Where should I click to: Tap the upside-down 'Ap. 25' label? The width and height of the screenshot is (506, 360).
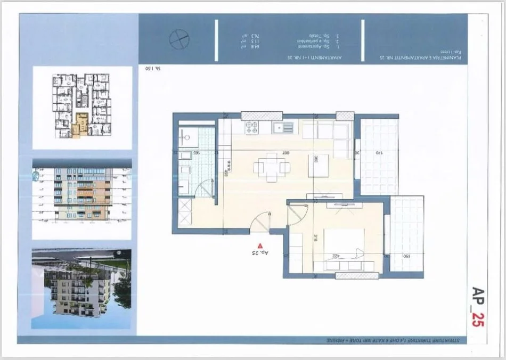(258, 253)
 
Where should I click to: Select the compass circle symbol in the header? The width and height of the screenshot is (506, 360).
(178, 38)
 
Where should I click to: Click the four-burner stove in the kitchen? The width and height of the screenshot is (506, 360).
(251, 128)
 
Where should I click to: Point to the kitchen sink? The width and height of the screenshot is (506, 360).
(283, 128)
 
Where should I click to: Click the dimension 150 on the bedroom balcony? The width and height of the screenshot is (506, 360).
(406, 256)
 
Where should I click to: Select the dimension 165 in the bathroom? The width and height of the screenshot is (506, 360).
(197, 153)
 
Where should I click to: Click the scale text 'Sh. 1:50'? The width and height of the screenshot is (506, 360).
(153, 69)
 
